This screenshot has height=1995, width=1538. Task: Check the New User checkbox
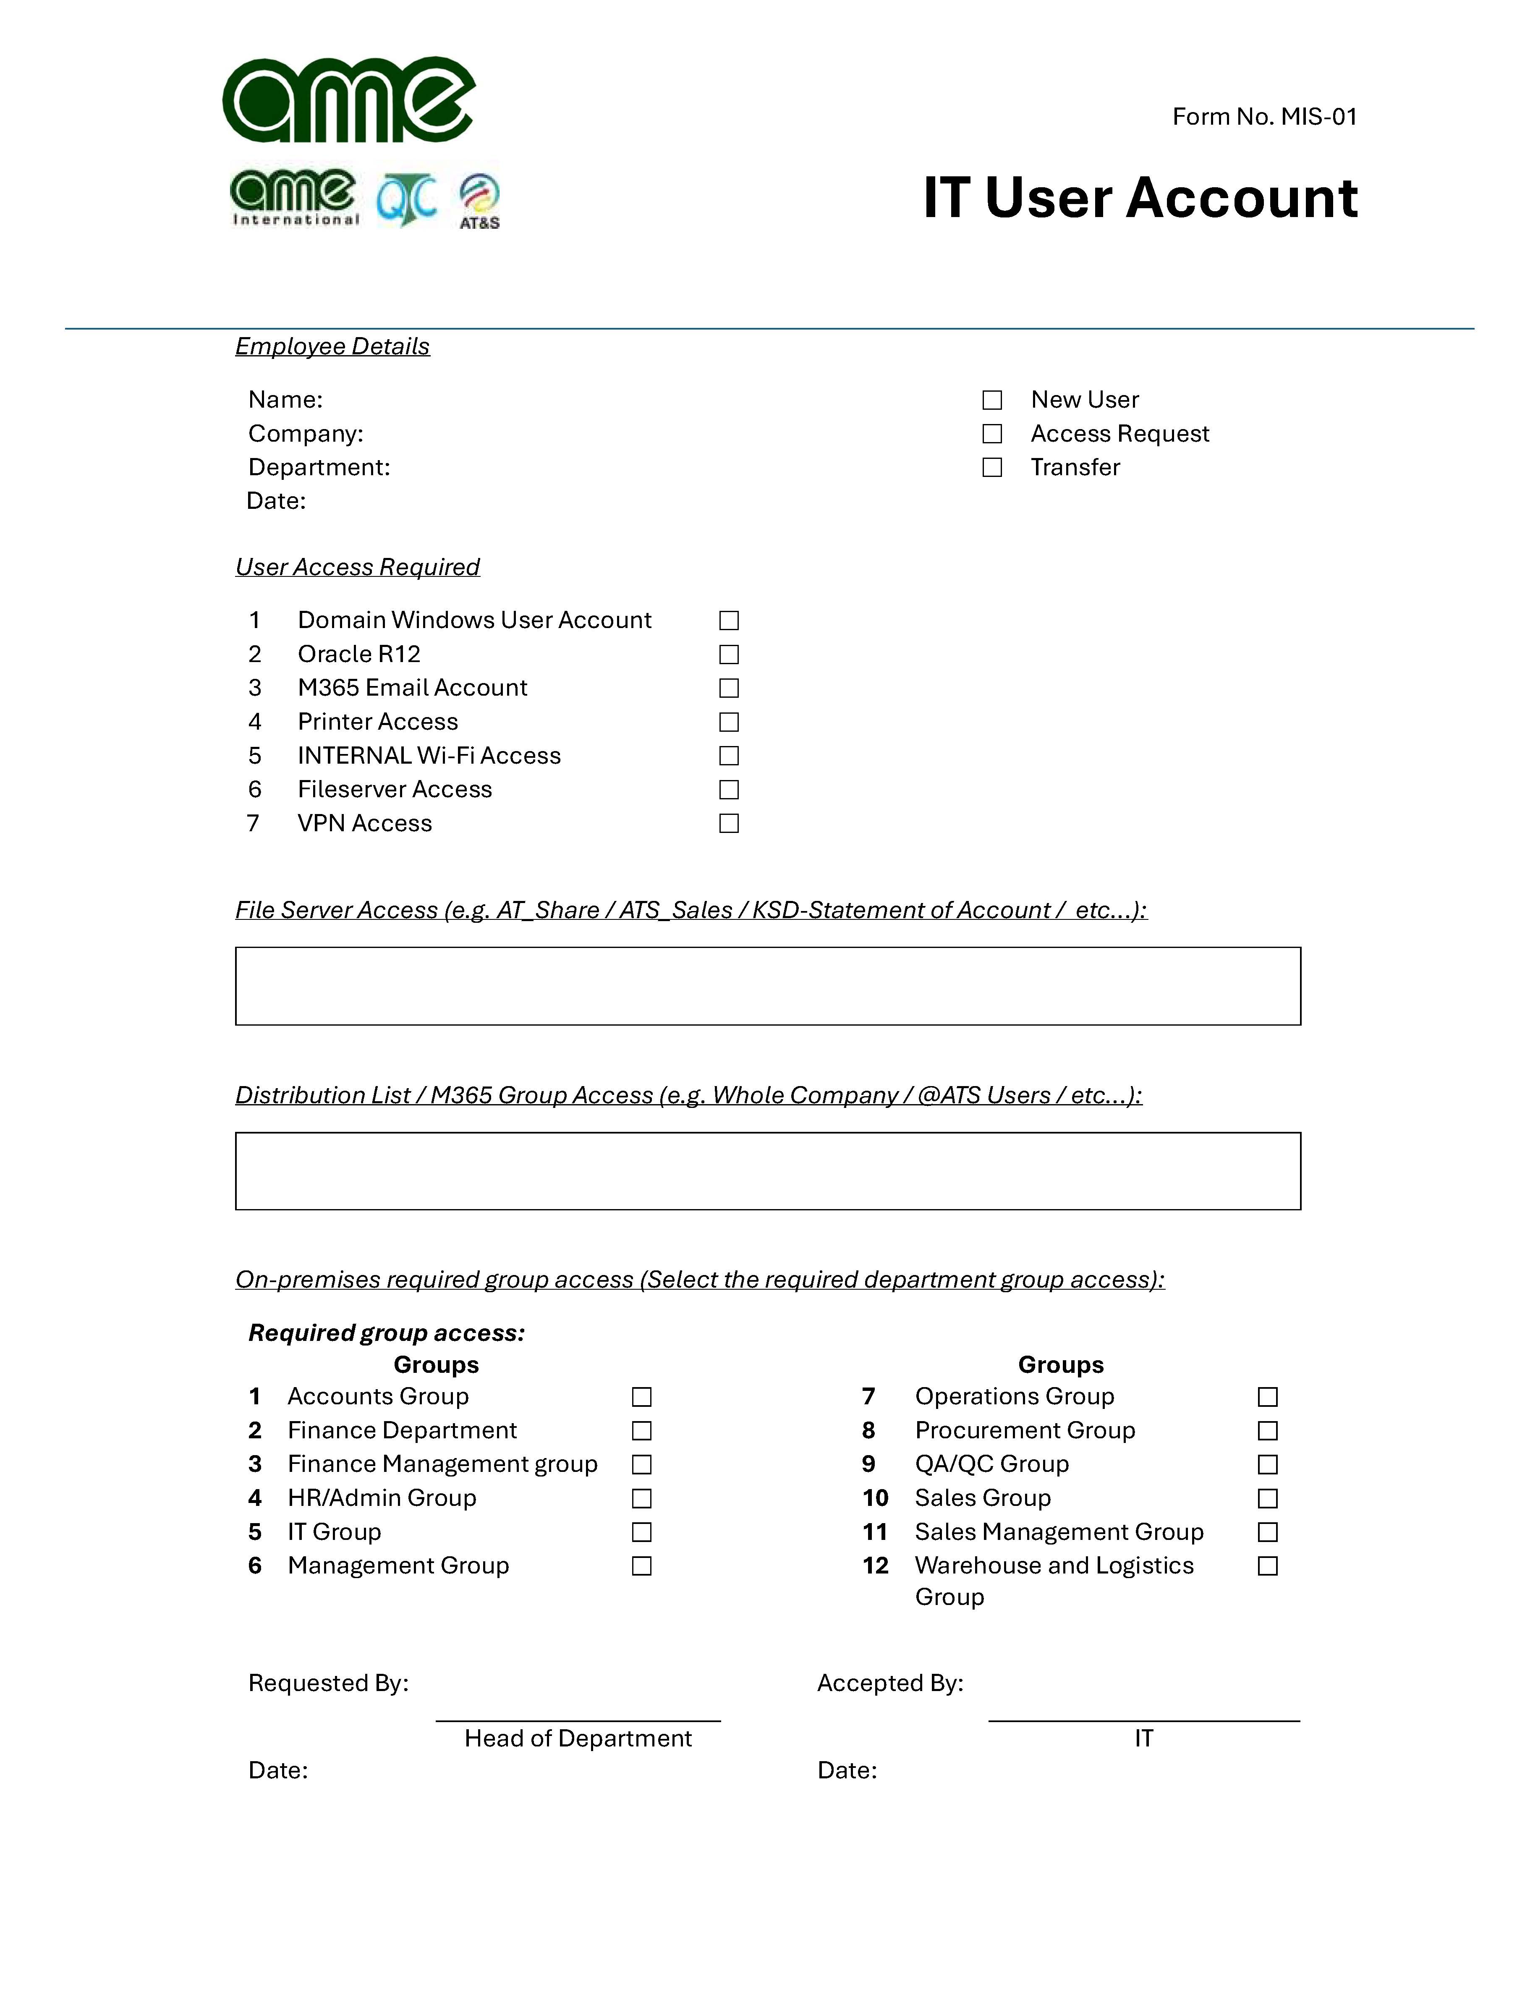[992, 400]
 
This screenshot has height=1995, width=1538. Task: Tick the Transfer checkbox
[992, 468]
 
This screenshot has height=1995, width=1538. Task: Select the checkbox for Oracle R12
[729, 654]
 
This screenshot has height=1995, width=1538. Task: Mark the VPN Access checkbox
[729, 823]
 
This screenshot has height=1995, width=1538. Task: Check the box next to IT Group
[642, 1532]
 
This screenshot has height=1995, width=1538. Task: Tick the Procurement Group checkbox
[1268, 1430]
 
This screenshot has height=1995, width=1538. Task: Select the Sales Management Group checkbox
[1268, 1532]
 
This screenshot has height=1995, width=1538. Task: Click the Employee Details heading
[332, 346]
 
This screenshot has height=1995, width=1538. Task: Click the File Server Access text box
[767, 986]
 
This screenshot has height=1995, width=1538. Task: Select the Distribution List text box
[767, 1171]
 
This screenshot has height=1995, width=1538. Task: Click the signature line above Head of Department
[578, 1720]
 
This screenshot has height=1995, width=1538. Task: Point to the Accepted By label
[890, 1683]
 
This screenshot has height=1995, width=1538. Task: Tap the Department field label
[319, 468]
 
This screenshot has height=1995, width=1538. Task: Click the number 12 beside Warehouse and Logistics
[875, 1566]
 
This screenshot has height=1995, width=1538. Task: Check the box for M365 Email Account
[729, 688]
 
